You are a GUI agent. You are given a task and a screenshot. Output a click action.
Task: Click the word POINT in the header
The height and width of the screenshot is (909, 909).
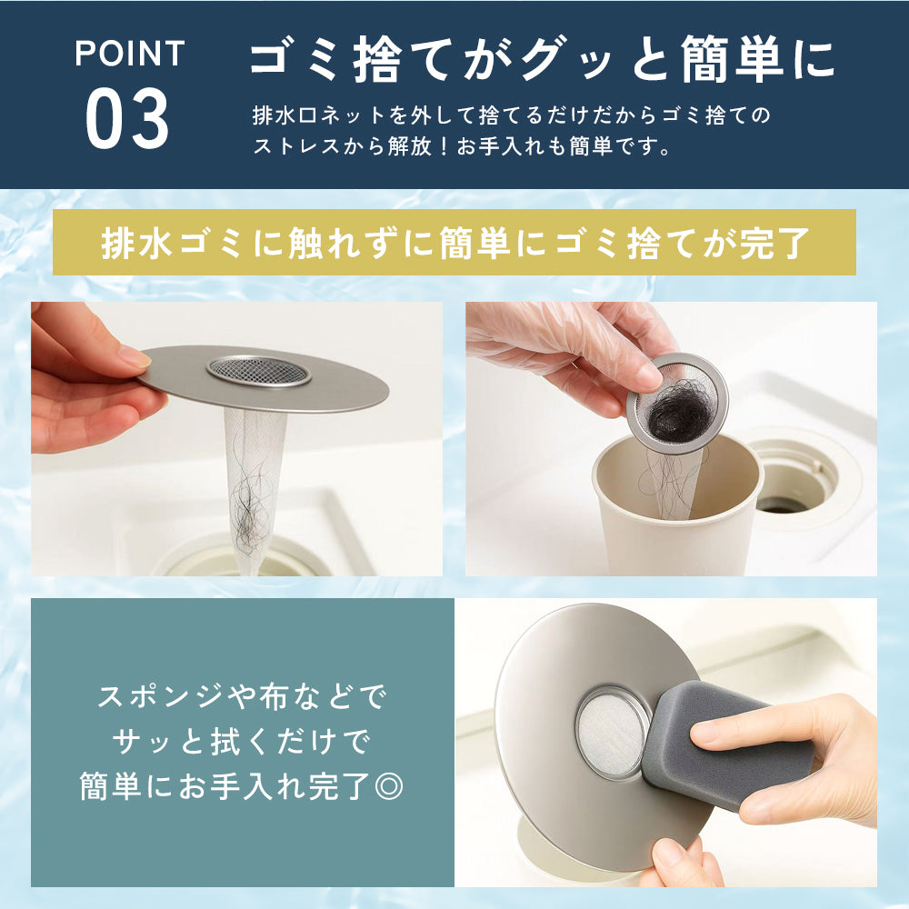(x=129, y=55)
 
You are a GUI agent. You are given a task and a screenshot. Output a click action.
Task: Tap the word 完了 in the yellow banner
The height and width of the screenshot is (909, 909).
(x=777, y=243)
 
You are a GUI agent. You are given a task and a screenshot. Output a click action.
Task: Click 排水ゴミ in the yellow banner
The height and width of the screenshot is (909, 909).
(x=165, y=243)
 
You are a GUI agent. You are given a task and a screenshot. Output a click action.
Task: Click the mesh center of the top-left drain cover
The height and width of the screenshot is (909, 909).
(x=258, y=369)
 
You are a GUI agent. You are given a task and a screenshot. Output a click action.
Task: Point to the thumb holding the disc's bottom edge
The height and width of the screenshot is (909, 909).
(x=676, y=859)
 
